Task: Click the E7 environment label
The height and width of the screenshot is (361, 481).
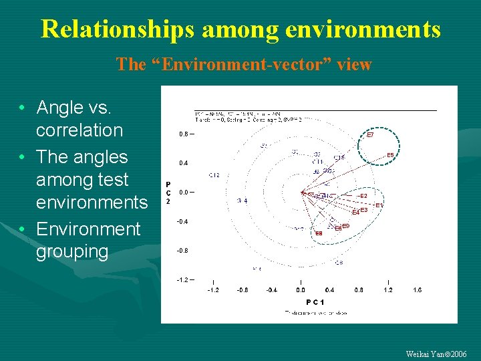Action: pos(370,135)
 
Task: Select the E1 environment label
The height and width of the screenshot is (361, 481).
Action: pos(379,205)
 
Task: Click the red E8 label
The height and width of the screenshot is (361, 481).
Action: pos(319,233)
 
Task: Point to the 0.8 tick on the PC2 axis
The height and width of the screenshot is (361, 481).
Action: pos(183,134)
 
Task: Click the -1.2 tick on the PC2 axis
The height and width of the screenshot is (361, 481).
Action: pos(182,279)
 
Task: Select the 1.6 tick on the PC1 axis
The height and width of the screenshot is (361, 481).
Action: pos(417,290)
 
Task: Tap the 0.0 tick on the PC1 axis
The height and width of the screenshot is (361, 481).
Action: pos(301,290)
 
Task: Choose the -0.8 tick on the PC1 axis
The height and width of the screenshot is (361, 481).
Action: pos(242,290)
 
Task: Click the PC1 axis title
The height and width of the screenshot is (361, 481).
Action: pos(315,302)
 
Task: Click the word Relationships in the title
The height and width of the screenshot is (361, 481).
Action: pos(118,29)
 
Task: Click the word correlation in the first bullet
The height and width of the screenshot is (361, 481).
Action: pos(79,130)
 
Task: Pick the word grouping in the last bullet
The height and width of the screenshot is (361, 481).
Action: pos(72,251)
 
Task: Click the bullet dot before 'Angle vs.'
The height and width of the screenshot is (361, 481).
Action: pos(23,108)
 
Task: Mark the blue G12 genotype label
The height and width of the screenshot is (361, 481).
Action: pos(214,175)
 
